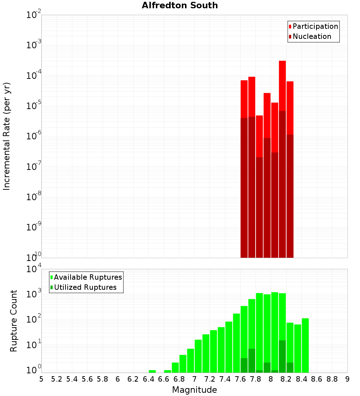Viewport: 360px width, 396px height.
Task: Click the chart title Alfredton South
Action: click(180, 5)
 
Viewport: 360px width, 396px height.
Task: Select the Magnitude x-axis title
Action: click(194, 390)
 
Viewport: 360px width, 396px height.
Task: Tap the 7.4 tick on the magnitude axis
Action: click(225, 379)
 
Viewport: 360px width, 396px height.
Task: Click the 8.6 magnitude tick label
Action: click(317, 379)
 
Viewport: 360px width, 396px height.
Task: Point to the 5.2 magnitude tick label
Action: click(57, 379)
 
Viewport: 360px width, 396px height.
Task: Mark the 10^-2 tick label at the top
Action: click(34, 15)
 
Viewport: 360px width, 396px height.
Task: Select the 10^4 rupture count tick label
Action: click(34, 269)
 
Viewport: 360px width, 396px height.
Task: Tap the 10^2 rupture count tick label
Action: click(34, 320)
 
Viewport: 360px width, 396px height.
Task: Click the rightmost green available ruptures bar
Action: click(305, 346)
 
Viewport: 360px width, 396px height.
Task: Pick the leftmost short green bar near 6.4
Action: click(152, 371)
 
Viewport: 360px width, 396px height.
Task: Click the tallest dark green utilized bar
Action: click(282, 356)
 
